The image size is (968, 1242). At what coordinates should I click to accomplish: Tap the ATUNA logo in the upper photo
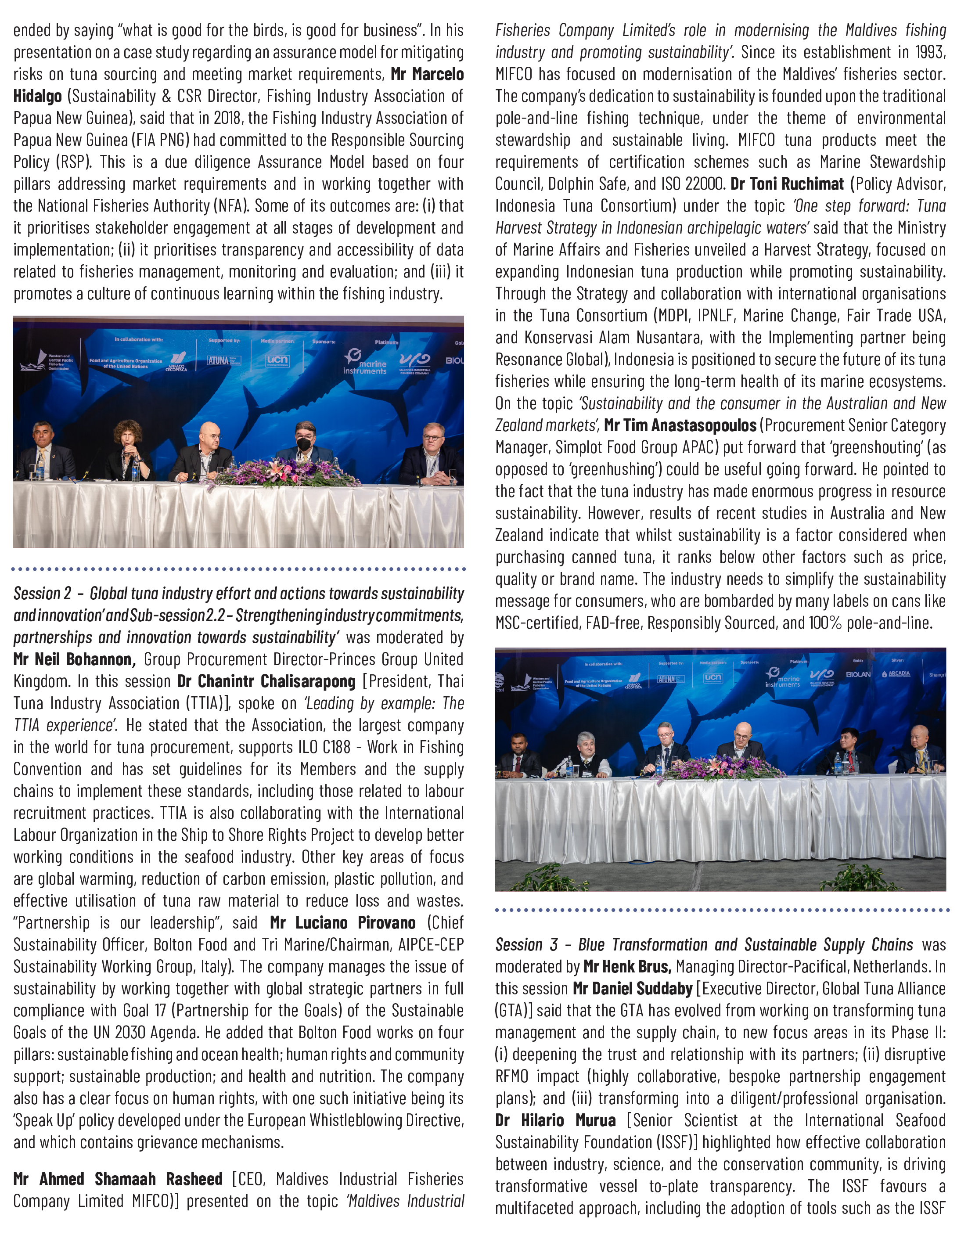pyautogui.click(x=218, y=360)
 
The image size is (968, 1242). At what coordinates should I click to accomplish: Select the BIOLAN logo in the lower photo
pyautogui.click(x=858, y=674)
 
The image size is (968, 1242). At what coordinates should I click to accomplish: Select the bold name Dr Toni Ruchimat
pyautogui.click(x=787, y=184)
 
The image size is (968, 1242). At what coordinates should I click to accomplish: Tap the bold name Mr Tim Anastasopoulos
pyautogui.click(x=680, y=425)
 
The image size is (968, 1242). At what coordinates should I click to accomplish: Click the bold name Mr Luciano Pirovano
pyautogui.click(x=342, y=922)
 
